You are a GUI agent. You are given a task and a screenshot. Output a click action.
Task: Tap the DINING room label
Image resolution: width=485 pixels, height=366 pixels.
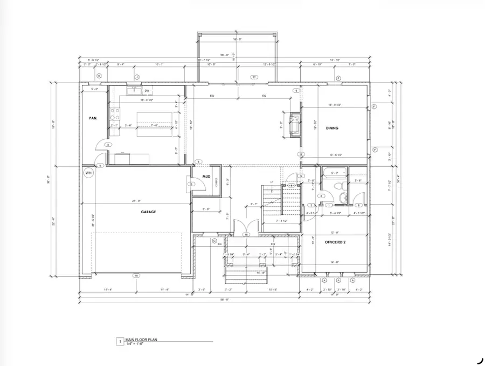(331, 128)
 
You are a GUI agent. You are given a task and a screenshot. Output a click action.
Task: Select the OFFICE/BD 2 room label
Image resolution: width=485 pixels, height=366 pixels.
(335, 242)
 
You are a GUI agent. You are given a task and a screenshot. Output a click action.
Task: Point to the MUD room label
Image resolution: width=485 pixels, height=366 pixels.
(206, 176)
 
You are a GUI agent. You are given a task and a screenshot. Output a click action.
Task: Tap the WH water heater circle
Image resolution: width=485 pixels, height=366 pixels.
(88, 173)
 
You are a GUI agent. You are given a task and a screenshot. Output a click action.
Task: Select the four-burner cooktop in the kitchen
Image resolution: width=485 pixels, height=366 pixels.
(115, 113)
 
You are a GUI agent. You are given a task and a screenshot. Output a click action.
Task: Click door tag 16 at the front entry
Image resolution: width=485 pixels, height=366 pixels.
(246, 234)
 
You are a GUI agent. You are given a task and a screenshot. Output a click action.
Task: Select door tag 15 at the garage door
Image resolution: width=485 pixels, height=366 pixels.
(136, 275)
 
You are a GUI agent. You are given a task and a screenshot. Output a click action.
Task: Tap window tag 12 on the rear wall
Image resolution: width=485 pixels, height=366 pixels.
(253, 78)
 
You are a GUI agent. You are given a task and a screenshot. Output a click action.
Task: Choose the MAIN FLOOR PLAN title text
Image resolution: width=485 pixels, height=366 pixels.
(141, 340)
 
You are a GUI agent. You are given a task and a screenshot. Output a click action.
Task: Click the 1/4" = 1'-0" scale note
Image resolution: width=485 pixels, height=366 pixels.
(137, 344)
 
